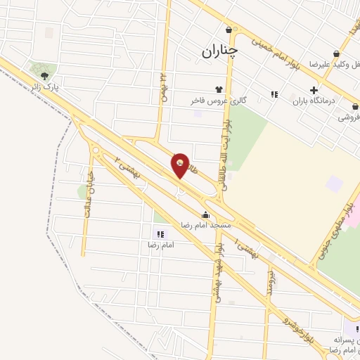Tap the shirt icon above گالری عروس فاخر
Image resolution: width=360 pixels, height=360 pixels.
[x=219, y=89]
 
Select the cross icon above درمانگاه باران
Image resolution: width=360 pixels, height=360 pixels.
[x=314, y=89]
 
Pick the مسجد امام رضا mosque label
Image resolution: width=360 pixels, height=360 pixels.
[x=205, y=225]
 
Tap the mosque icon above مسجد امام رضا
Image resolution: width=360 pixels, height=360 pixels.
[x=205, y=214]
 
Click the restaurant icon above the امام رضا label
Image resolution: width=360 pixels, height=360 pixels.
[x=160, y=234]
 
